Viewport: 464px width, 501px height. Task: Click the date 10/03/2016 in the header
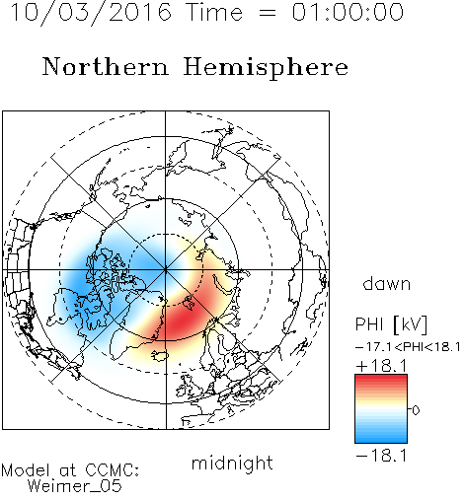point(91,12)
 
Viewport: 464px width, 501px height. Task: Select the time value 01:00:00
point(348,12)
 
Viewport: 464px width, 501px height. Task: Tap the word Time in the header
point(214,12)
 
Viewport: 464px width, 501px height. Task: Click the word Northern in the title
point(106,67)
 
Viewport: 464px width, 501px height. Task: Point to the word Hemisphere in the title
point(266,68)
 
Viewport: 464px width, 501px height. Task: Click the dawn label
point(387,284)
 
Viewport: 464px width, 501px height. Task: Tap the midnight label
point(232,463)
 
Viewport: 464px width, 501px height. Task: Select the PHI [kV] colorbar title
point(391,324)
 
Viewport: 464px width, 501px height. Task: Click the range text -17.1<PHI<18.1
point(408,347)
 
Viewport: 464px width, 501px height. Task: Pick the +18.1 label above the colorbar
point(381,366)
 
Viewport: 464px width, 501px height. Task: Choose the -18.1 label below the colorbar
point(381,456)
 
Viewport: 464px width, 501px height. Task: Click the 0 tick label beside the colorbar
point(416,410)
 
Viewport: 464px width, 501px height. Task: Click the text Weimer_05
point(75,485)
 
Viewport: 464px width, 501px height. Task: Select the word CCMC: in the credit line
point(112,470)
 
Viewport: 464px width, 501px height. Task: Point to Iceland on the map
point(160,356)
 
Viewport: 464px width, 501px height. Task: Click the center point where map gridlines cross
point(166,270)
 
